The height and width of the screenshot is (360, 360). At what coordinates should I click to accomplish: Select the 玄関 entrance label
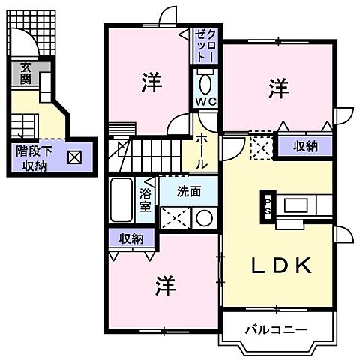click(x=25, y=73)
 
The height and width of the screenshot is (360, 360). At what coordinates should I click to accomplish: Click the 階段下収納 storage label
click(x=34, y=157)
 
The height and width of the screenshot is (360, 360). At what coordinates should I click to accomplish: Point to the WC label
click(x=206, y=101)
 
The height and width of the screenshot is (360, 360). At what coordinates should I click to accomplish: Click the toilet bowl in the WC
click(x=206, y=81)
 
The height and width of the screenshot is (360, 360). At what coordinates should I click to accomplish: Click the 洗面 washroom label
click(x=188, y=192)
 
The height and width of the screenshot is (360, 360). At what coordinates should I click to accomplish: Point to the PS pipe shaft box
click(x=268, y=205)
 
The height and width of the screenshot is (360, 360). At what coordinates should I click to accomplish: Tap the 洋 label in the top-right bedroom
click(x=277, y=88)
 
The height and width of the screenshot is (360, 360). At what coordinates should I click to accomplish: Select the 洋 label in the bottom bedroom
click(x=166, y=285)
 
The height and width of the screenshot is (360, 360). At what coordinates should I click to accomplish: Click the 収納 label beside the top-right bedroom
click(x=304, y=145)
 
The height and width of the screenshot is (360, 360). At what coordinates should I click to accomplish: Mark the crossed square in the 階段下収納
click(x=75, y=158)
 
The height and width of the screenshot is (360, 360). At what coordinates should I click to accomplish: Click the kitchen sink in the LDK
click(x=297, y=205)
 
